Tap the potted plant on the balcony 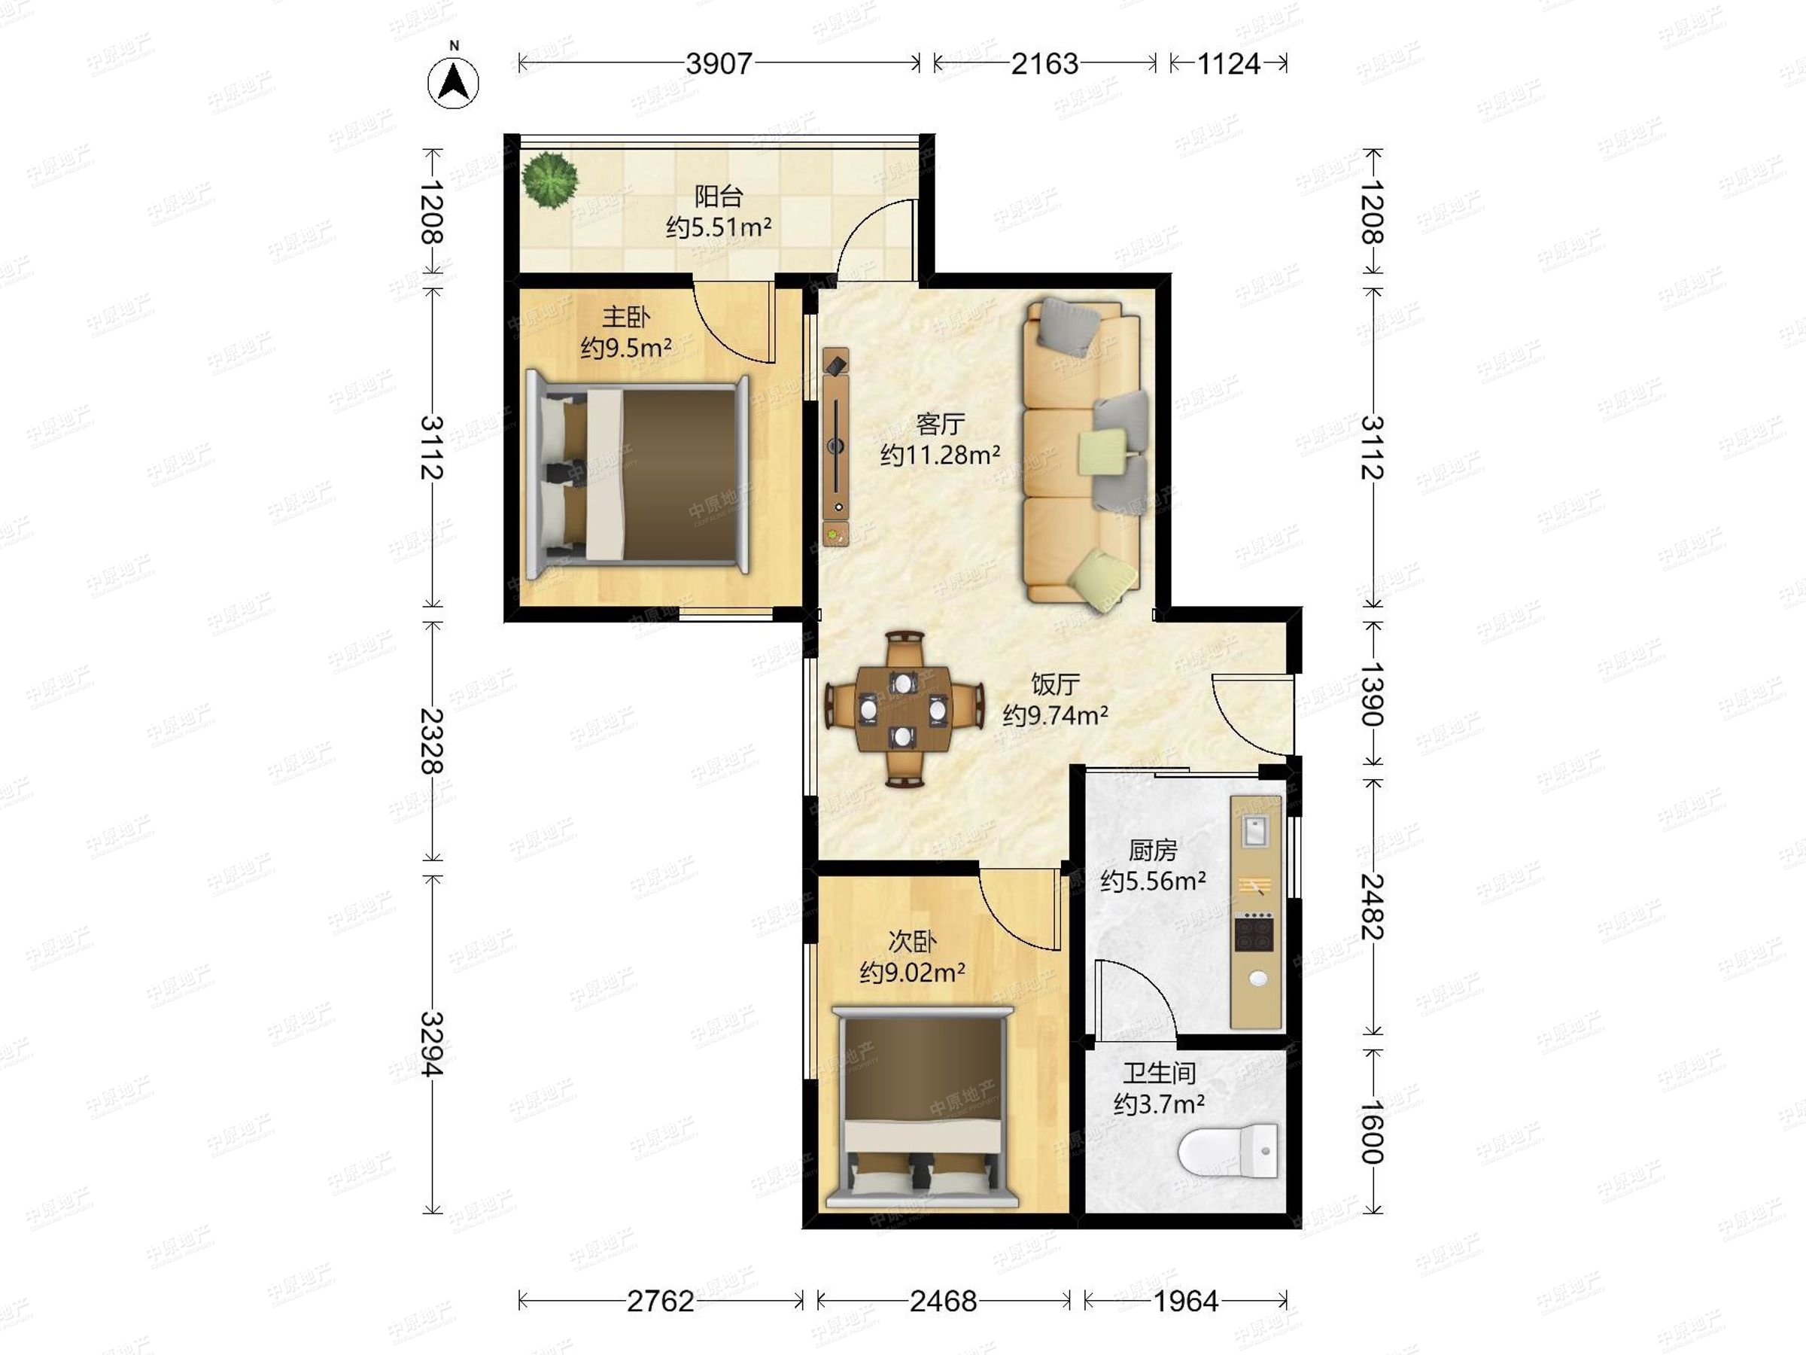pyautogui.click(x=550, y=180)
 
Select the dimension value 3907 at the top pyautogui.click(x=719, y=64)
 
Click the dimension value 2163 pyautogui.click(x=1044, y=64)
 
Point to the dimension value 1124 pyautogui.click(x=1229, y=64)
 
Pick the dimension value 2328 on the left pyautogui.click(x=432, y=741)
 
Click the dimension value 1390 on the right pyautogui.click(x=1373, y=694)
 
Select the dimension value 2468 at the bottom pyautogui.click(x=943, y=1300)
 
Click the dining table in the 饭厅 pyautogui.click(x=903, y=709)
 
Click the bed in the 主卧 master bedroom pyautogui.click(x=637, y=474)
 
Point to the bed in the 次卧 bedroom pyautogui.click(x=922, y=1107)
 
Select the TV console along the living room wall pyautogui.click(x=836, y=446)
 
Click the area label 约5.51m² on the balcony pyautogui.click(x=719, y=227)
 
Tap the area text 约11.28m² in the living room pyautogui.click(x=940, y=455)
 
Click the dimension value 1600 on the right pyautogui.click(x=1373, y=1131)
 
